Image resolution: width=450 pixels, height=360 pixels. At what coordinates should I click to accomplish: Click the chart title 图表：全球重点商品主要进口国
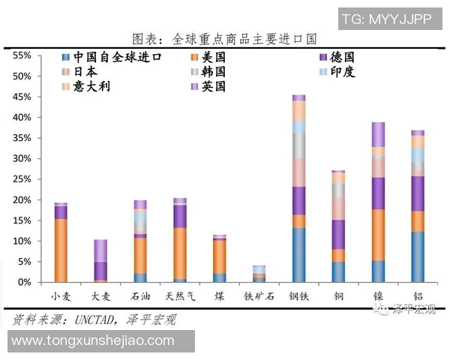point(224,38)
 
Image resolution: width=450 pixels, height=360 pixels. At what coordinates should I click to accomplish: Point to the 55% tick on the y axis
point(22,56)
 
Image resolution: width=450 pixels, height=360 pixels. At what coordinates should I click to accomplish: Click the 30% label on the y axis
point(22,159)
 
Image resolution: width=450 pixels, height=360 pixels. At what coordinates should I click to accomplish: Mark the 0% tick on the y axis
point(25,283)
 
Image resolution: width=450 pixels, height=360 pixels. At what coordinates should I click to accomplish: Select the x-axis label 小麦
point(61,295)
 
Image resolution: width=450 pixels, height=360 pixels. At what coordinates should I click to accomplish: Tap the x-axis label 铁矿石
point(259,295)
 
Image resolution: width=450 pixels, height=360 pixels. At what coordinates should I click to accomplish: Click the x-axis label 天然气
point(179,295)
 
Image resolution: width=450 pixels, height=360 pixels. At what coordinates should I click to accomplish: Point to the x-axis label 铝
point(418,295)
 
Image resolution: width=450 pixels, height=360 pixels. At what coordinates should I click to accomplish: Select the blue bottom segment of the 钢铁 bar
point(298,255)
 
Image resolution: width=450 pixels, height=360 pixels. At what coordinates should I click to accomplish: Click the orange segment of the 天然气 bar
point(179,253)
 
